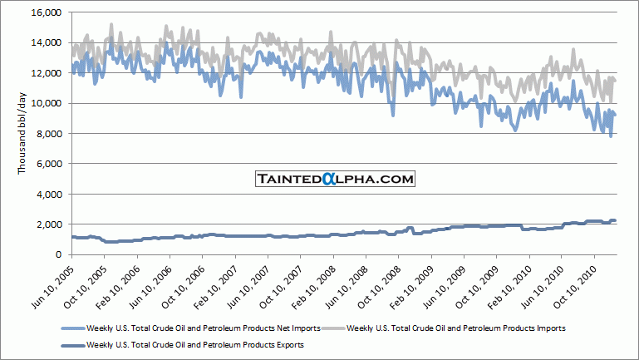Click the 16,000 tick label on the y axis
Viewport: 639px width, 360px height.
pos(47,12)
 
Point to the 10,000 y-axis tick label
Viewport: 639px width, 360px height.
pos(47,103)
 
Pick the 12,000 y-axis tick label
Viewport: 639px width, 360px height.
pos(47,73)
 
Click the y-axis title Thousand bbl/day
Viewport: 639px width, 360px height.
pos(22,133)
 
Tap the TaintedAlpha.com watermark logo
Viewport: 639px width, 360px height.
pos(335,179)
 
